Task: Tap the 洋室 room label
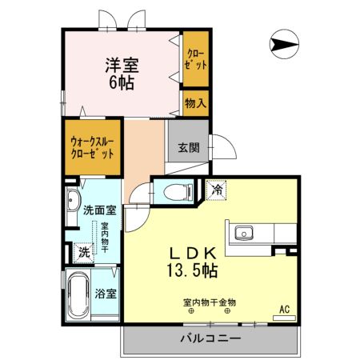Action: pyautogui.click(x=118, y=65)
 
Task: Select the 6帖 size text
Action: pyautogui.click(x=118, y=82)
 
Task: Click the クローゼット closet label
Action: pyautogui.click(x=194, y=58)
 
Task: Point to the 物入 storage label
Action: pyautogui.click(x=194, y=102)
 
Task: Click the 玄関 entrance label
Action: pyautogui.click(x=189, y=147)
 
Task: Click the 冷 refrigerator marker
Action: pyautogui.click(x=216, y=190)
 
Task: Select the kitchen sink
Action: pyautogui.click(x=242, y=234)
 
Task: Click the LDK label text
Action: pyautogui.click(x=191, y=252)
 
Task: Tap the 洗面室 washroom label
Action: pyautogui.click(x=100, y=211)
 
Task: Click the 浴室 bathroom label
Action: pyautogui.click(x=106, y=293)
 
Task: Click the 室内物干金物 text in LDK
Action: pyautogui.click(x=208, y=302)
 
